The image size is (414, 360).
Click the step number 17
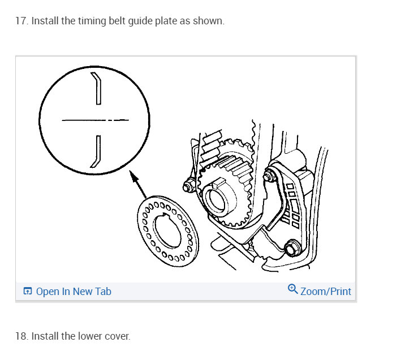21,21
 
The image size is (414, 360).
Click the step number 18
21,336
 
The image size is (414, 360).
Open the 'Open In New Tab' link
73,292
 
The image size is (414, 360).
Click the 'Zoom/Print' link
325,292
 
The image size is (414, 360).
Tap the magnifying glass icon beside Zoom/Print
292,289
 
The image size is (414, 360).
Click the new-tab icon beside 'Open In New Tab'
27,292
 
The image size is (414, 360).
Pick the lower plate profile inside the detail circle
96,151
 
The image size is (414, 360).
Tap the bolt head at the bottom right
292,248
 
